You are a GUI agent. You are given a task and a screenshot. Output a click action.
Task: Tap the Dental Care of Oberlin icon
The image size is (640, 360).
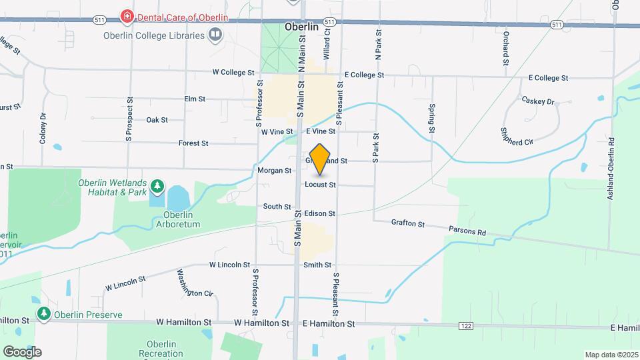click(x=125, y=15)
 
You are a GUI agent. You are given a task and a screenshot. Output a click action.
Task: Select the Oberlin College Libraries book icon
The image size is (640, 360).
click(x=215, y=35)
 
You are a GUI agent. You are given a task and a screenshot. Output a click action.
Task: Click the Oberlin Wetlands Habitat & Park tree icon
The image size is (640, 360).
click(x=157, y=185)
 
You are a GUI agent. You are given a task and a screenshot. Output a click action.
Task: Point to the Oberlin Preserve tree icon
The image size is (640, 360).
click(x=45, y=313)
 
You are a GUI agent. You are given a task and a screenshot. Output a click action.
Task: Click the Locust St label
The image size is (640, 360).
click(x=320, y=184)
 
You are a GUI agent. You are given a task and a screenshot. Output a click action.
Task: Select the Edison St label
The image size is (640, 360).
click(x=319, y=214)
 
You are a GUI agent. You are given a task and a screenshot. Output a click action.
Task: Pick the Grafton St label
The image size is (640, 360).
click(x=408, y=224)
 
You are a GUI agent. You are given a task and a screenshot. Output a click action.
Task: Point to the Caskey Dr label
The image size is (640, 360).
click(x=538, y=101)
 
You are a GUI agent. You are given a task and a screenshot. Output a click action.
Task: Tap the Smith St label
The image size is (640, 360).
click(x=317, y=265)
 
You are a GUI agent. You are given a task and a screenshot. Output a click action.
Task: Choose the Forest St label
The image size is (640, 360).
click(x=193, y=143)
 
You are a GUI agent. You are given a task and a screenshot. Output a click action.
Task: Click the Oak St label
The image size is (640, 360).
click(x=157, y=120)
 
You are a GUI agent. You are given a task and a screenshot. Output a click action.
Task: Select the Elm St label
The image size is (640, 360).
click(x=195, y=99)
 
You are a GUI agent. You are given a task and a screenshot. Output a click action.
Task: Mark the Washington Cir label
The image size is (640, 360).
click(x=194, y=283)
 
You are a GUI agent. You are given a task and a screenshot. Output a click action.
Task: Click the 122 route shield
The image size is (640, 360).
click(x=465, y=325)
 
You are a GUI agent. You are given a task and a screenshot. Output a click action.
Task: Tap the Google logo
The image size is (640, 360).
click(x=22, y=352)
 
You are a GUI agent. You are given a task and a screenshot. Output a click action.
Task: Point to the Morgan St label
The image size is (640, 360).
click(x=274, y=171)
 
